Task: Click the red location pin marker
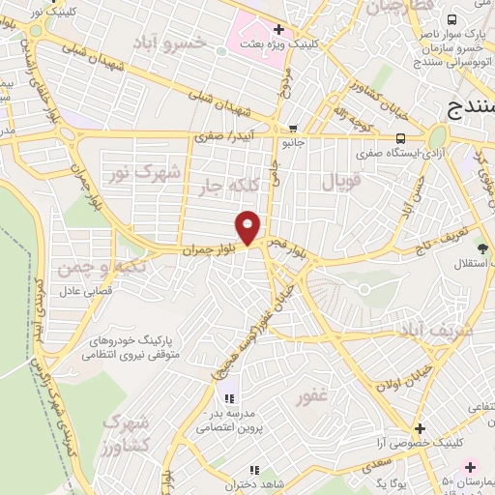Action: [x=248, y=227]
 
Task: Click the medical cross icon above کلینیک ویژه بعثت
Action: [x=278, y=30]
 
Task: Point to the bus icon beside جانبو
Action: [x=293, y=128]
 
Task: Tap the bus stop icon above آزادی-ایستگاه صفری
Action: [x=401, y=137]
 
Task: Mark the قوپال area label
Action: [x=338, y=181]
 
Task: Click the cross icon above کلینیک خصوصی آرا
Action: [x=419, y=428]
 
